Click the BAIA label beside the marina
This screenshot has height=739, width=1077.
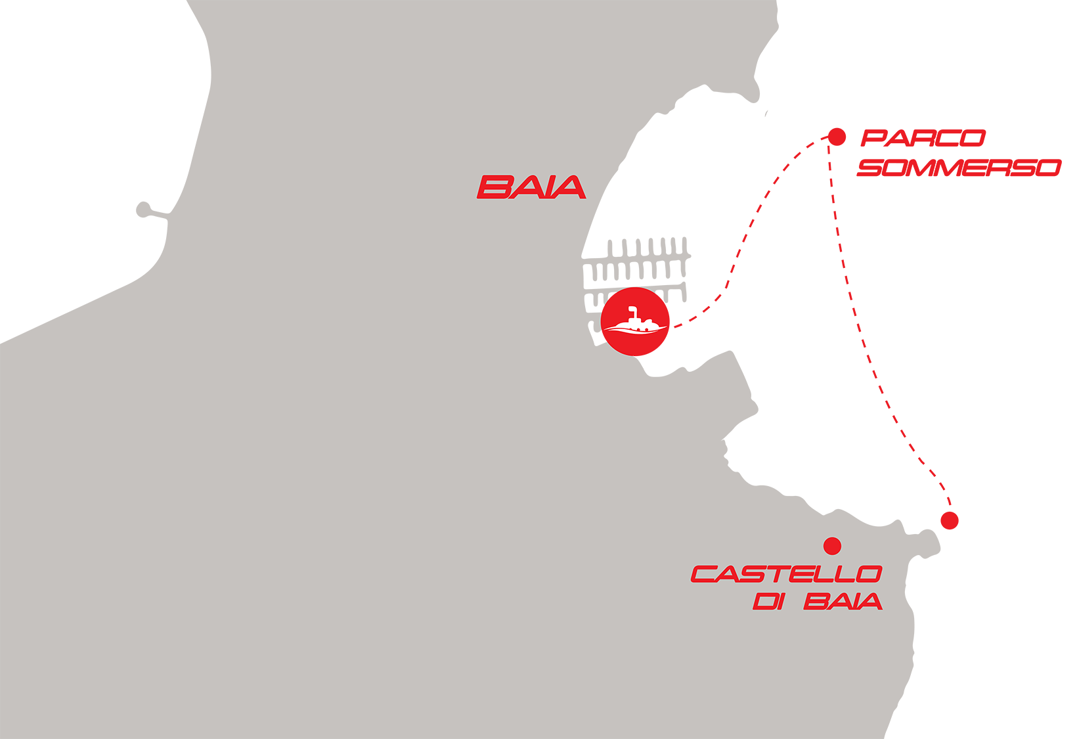point(531,187)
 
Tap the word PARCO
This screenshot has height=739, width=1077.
point(923,138)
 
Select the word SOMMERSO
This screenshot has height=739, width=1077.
point(959,168)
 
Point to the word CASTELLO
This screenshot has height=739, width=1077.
point(785,574)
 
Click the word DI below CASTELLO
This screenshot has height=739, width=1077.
point(768,601)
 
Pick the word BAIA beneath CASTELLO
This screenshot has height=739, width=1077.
point(843,601)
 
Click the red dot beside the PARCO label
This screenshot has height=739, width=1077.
point(837,137)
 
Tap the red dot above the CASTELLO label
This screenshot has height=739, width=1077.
point(832,545)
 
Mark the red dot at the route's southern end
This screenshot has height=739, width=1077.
point(949,521)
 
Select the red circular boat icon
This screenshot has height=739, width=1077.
point(635,322)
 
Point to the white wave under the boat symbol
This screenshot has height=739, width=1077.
point(635,330)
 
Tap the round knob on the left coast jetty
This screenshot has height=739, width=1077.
point(143,210)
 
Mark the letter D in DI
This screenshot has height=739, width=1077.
point(763,601)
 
